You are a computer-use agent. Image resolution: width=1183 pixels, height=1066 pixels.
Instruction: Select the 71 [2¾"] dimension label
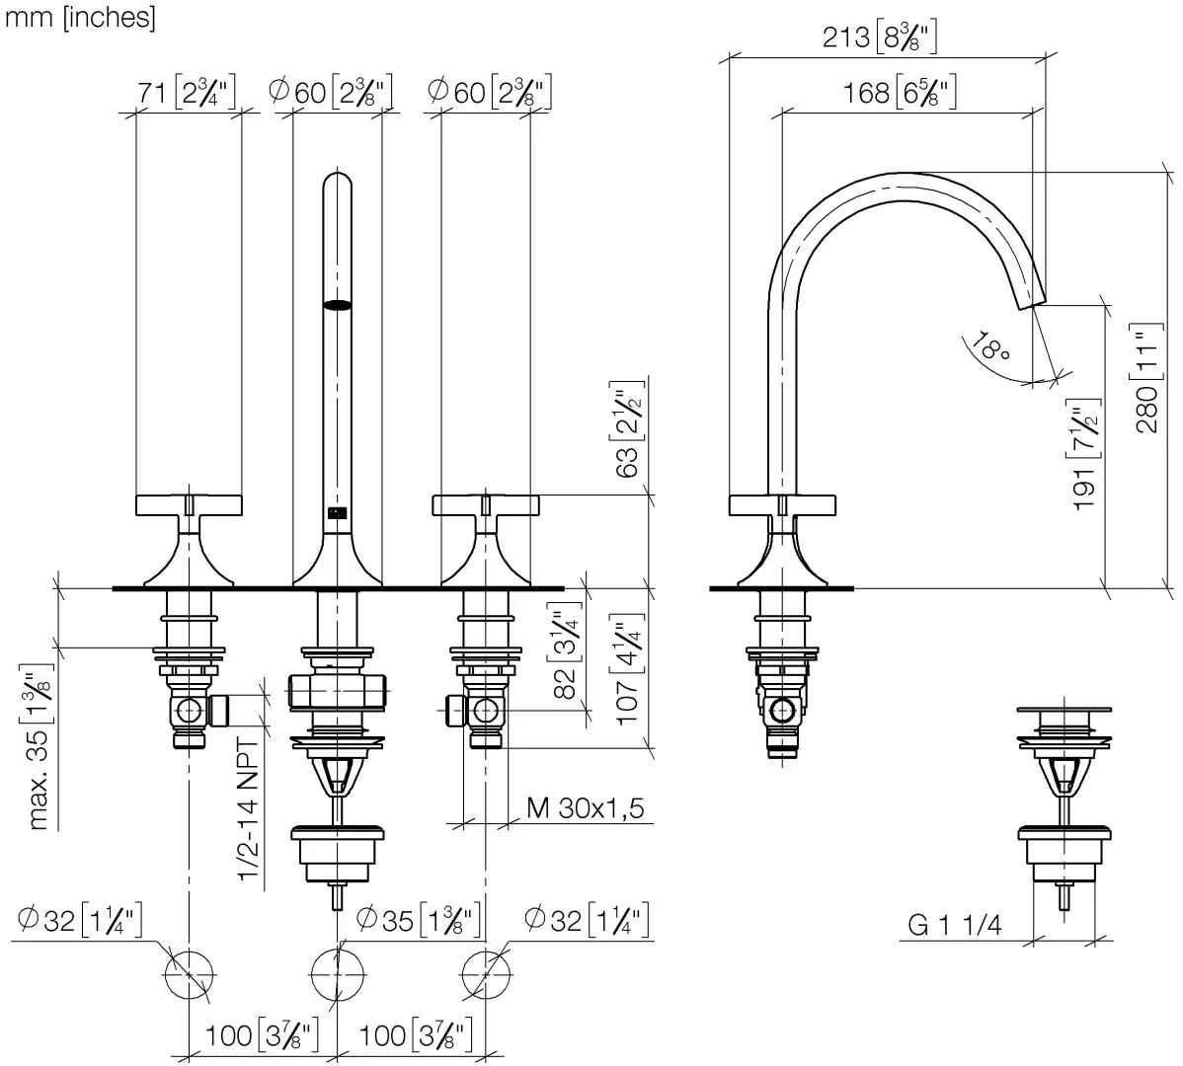pyautogui.click(x=187, y=93)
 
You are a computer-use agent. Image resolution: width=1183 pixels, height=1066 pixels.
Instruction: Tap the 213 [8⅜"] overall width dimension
pyautogui.click(x=879, y=38)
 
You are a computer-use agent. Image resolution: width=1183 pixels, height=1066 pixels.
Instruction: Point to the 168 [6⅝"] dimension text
pyautogui.click(x=900, y=94)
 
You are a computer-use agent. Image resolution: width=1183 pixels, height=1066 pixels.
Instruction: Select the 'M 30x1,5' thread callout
pyautogui.click(x=585, y=809)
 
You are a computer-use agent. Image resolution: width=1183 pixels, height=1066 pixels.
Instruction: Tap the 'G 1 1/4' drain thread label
pyautogui.click(x=955, y=925)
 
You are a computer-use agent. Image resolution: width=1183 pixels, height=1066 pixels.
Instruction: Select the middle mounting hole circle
pyautogui.click(x=337, y=976)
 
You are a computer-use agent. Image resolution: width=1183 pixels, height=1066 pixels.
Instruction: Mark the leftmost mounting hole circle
pyautogui.click(x=189, y=976)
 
